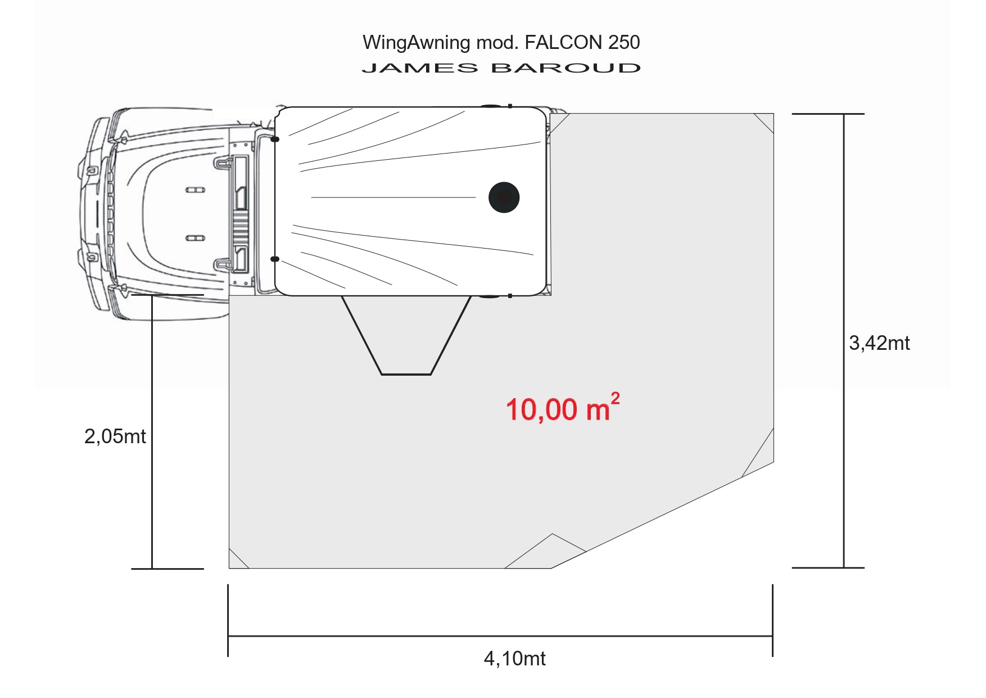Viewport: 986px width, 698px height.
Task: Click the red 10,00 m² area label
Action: point(562,409)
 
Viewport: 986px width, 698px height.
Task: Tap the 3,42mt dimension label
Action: point(879,343)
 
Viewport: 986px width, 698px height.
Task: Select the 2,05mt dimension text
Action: point(115,436)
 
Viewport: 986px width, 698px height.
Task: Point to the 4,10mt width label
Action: point(514,659)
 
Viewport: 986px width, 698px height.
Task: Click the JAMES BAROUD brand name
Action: point(501,69)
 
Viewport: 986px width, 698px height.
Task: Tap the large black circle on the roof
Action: point(504,197)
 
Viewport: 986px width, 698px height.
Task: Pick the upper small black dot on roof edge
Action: point(275,139)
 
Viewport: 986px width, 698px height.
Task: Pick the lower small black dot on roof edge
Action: point(275,259)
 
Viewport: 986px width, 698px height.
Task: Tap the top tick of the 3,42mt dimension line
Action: point(827,114)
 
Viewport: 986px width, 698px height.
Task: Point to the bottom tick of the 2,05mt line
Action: point(167,569)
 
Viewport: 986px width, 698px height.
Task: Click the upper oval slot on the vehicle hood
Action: point(195,190)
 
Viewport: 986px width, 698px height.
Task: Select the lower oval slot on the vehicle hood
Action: point(195,238)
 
